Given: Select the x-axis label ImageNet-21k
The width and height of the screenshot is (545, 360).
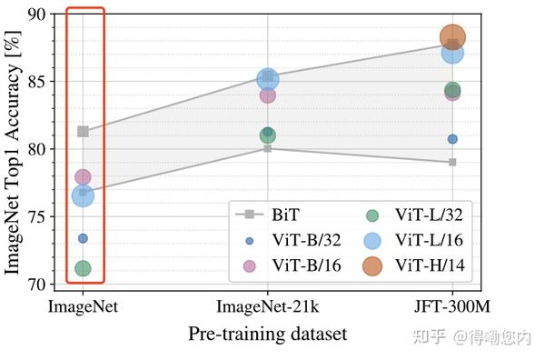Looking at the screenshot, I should [x=267, y=307].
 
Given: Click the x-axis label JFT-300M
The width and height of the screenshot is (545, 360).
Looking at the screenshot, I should [x=452, y=307].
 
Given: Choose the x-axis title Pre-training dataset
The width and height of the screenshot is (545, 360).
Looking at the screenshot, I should [x=267, y=335].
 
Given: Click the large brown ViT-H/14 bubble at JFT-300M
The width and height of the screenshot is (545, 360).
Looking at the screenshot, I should [x=452, y=37].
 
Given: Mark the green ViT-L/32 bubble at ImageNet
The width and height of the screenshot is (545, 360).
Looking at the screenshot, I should [x=83, y=268].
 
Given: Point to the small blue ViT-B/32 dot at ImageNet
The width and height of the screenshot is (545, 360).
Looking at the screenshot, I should [x=83, y=238].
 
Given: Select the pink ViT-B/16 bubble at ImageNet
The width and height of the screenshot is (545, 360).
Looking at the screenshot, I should [x=83, y=177].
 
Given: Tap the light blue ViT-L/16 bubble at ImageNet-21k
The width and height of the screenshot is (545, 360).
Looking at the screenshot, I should [x=267, y=79].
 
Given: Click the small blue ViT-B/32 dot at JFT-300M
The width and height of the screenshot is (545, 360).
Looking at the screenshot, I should [x=452, y=139].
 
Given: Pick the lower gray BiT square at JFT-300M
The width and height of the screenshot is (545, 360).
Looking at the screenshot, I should [x=452, y=162].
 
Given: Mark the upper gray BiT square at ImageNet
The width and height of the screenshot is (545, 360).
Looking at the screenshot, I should [x=83, y=131].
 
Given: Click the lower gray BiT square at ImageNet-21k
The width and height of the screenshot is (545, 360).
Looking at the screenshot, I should [x=267, y=147].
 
